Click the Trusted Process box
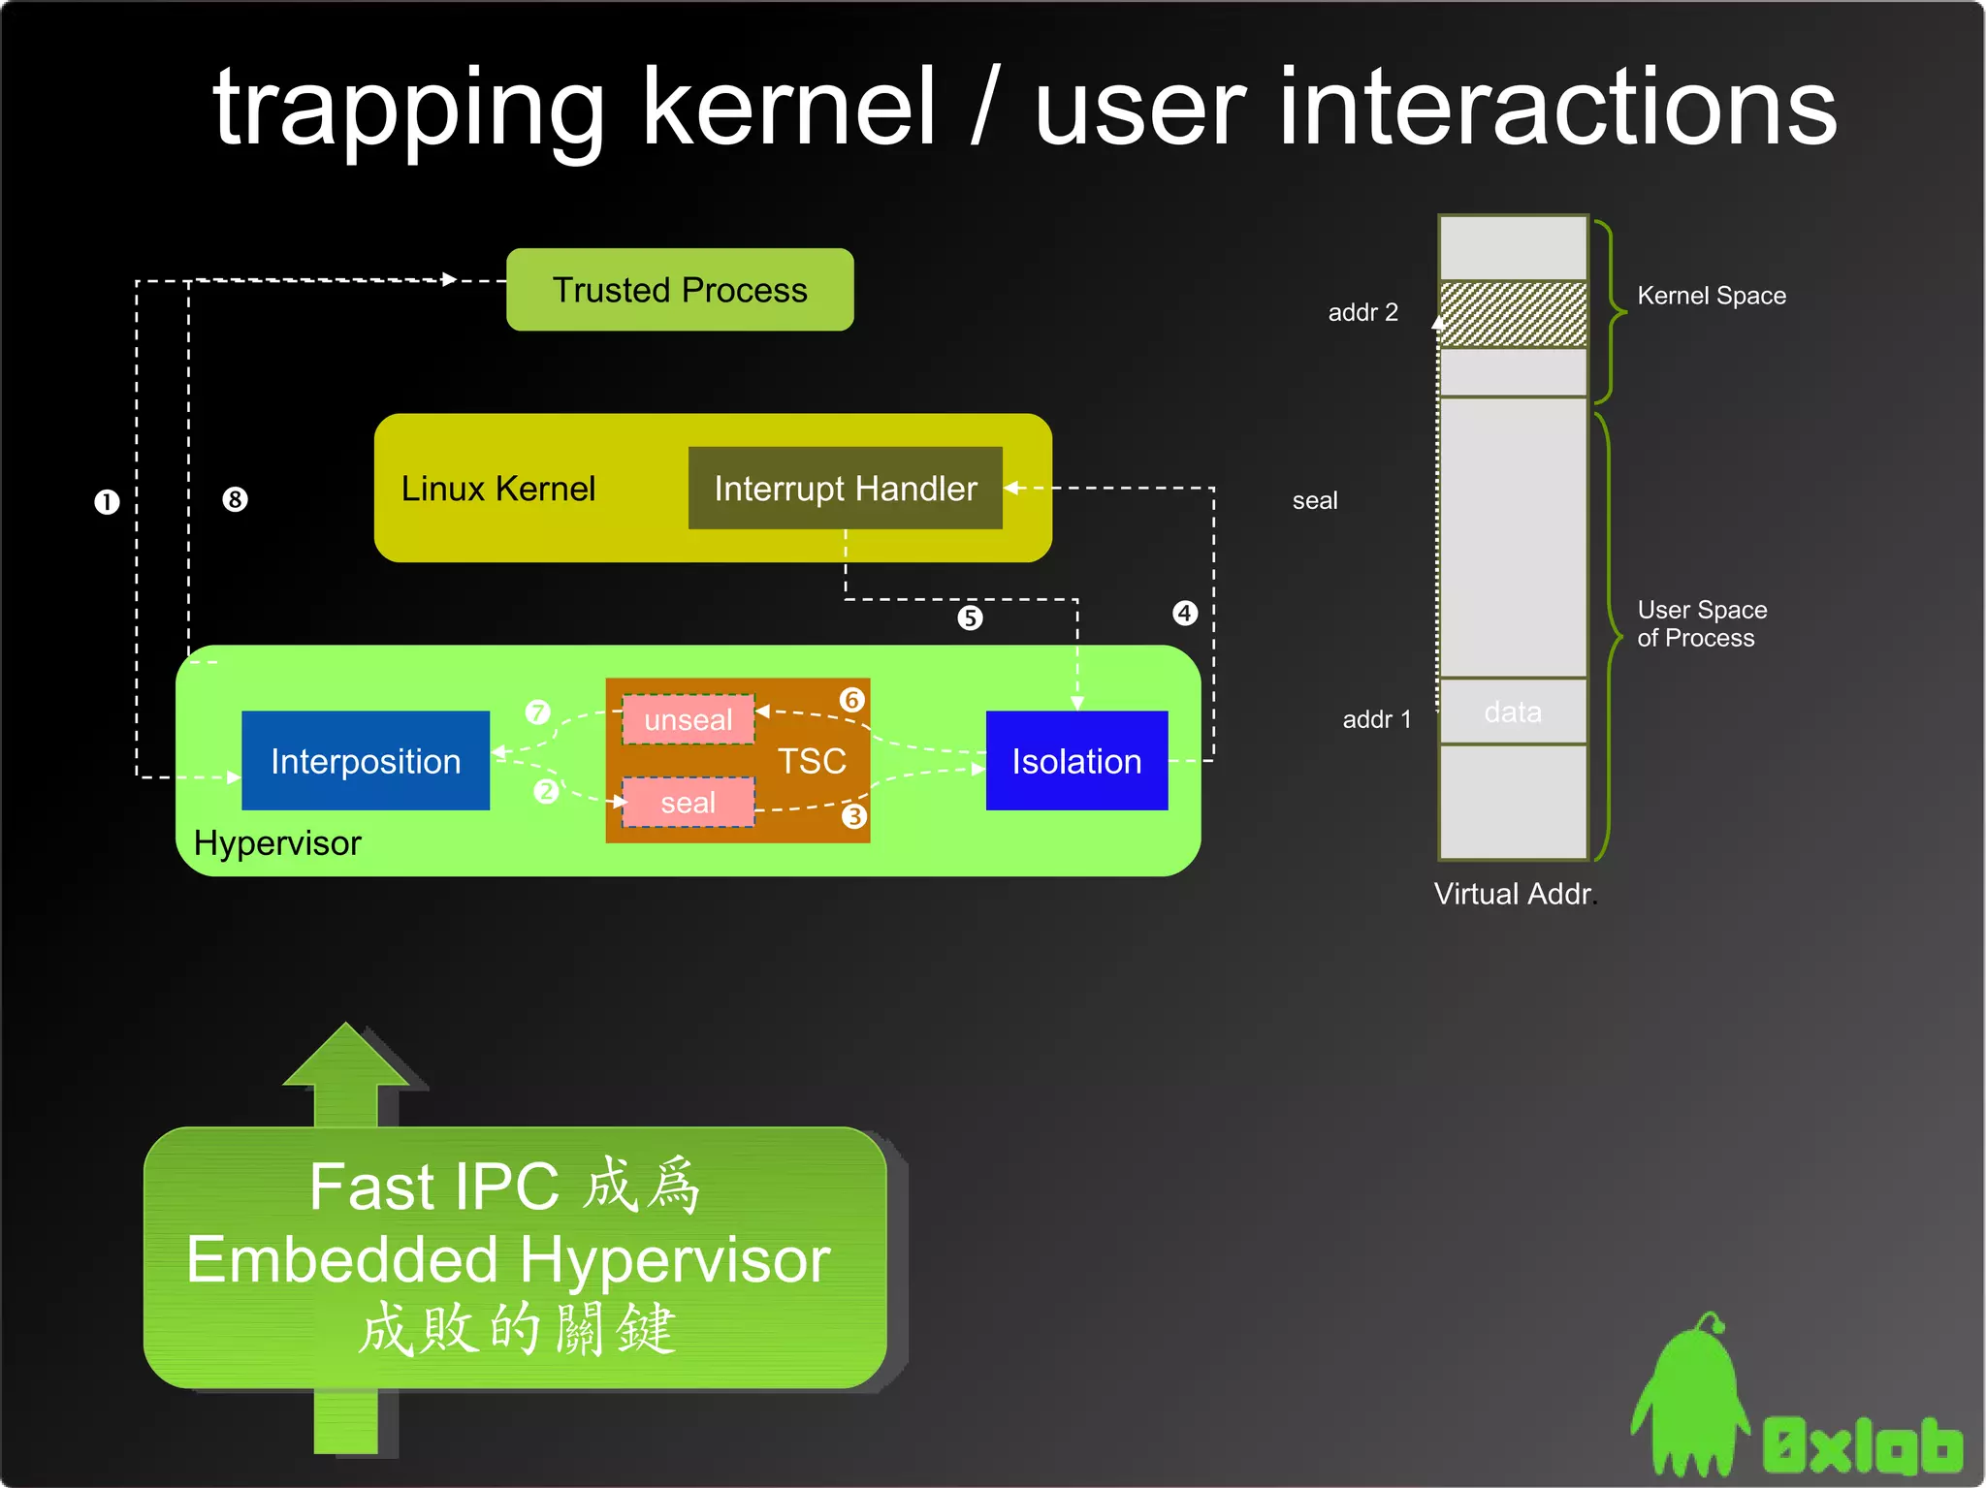[680, 290]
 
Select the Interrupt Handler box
[845, 489]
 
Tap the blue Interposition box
[366, 761]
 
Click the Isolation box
[1076, 761]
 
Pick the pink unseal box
[689, 719]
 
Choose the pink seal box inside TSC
[689, 803]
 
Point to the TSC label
[812, 761]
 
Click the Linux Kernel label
[498, 489]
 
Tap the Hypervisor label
[277, 843]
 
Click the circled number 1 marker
[107, 502]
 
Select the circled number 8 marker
[235, 499]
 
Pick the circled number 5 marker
[970, 617]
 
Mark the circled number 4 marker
[1185, 613]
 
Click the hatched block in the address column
[1513, 314]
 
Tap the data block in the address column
[1513, 712]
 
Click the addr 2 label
[1362, 312]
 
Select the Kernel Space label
[1712, 296]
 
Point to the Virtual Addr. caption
[1515, 894]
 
